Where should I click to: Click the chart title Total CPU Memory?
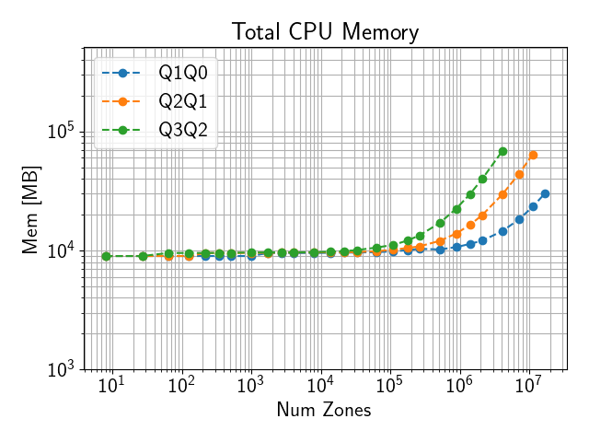(325, 32)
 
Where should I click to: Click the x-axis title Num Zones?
(324, 411)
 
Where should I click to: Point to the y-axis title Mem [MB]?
(30, 208)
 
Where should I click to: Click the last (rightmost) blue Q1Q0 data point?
(545, 193)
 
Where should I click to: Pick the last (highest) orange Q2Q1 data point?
(533, 155)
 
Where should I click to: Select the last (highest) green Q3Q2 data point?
(502, 151)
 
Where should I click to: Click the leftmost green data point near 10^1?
(107, 256)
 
